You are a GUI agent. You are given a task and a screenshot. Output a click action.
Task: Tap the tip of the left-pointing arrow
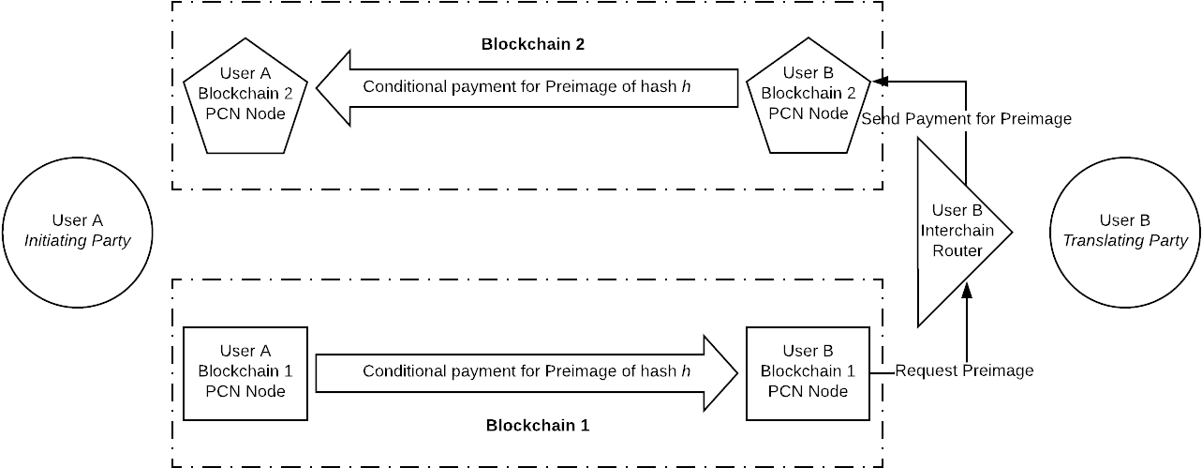[320, 88]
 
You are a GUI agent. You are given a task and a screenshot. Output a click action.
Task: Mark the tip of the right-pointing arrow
[735, 372]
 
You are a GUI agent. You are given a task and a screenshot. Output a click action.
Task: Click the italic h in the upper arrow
[687, 88]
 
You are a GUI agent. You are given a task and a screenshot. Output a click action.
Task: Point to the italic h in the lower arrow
[687, 371]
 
